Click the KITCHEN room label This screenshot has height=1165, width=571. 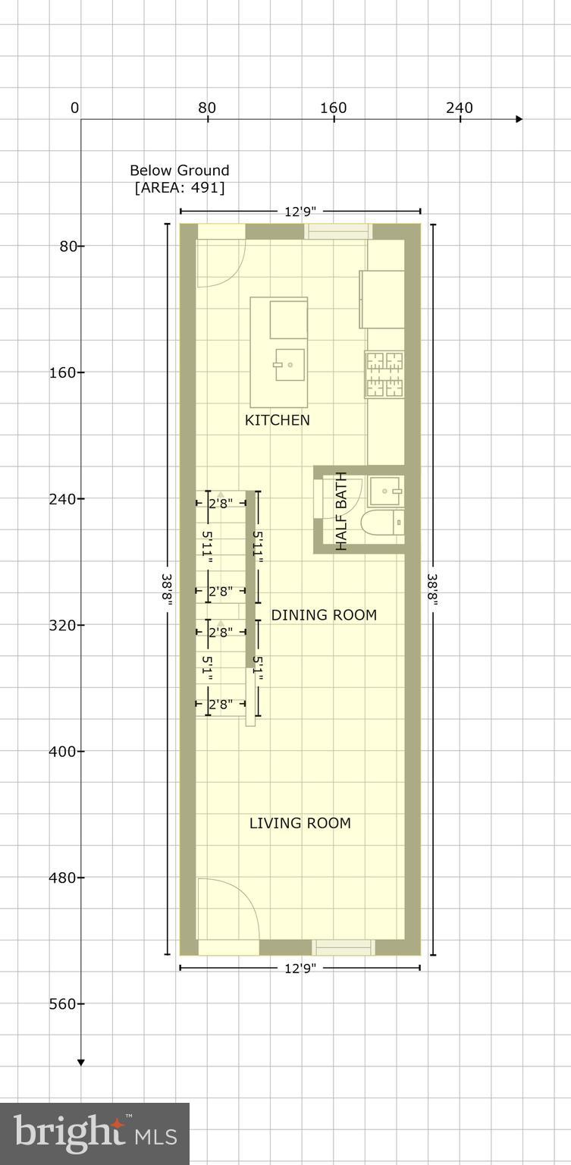[277, 420]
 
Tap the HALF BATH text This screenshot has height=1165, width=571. [340, 511]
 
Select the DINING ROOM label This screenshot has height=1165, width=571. [324, 615]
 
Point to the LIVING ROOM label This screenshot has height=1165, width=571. [300, 823]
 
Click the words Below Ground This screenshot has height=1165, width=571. [179, 171]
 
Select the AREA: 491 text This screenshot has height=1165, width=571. [180, 187]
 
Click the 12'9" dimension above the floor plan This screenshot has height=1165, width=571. [300, 212]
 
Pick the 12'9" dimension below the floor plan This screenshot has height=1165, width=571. [300, 968]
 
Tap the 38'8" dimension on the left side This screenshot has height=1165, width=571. [167, 588]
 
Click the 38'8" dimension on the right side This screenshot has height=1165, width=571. [433, 588]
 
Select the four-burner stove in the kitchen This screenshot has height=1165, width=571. [385, 374]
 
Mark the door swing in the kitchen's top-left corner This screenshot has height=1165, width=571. [220, 262]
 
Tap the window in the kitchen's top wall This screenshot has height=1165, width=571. [337, 231]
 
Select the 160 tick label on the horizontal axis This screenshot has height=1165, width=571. [333, 108]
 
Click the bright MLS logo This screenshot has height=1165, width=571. [95, 1134]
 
